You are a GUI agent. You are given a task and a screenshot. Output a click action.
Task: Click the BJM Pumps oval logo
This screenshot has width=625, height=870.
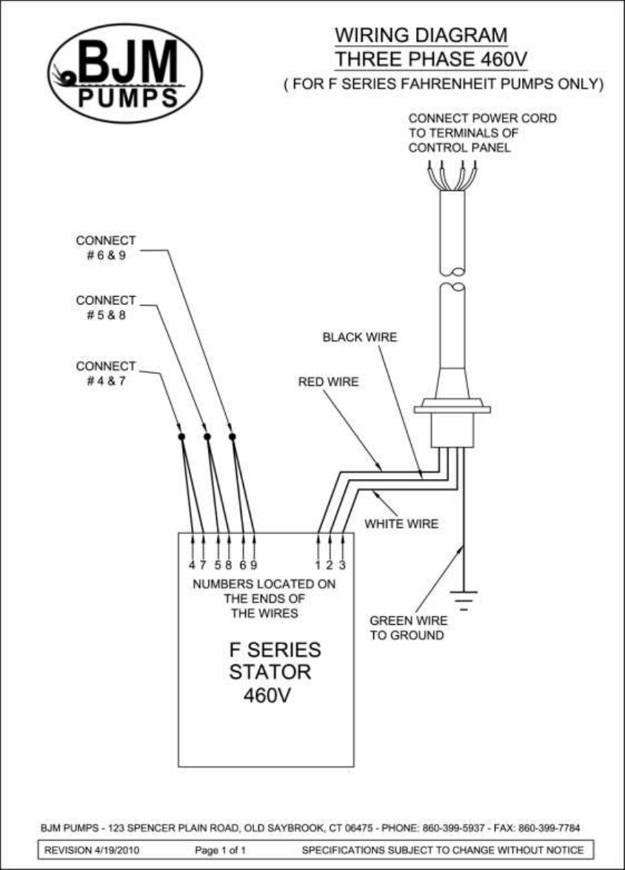pyautogui.click(x=125, y=73)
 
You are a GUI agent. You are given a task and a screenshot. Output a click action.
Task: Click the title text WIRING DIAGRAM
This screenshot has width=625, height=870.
pyautogui.click(x=421, y=35)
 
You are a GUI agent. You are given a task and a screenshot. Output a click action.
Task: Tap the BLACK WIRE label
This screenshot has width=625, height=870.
pyautogui.click(x=360, y=338)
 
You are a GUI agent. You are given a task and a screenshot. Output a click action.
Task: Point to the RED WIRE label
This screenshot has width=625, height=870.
pyautogui.click(x=328, y=382)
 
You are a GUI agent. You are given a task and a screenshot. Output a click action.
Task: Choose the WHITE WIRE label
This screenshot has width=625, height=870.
pyautogui.click(x=401, y=524)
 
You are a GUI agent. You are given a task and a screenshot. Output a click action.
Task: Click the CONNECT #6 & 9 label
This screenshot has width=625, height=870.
pyautogui.click(x=106, y=247)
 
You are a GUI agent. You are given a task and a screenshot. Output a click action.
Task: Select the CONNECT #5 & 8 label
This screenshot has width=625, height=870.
pyautogui.click(x=106, y=307)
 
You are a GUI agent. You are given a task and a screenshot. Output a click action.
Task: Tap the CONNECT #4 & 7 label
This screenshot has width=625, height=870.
pyautogui.click(x=106, y=373)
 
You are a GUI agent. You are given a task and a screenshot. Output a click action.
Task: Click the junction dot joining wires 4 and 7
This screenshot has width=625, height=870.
pyautogui.click(x=181, y=437)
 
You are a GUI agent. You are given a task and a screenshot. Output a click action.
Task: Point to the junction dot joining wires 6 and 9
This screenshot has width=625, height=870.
pyautogui.click(x=233, y=437)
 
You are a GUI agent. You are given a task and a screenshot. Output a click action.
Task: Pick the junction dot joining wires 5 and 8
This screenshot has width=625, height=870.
pyautogui.click(x=207, y=437)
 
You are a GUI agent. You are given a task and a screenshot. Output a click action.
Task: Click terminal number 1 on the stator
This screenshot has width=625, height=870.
pyautogui.click(x=318, y=565)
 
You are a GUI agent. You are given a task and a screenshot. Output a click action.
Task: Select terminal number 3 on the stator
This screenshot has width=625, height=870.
pyautogui.click(x=342, y=565)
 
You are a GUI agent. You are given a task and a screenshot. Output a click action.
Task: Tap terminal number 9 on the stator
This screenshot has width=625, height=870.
pyautogui.click(x=253, y=565)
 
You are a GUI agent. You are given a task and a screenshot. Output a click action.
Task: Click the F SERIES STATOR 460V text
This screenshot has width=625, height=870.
pyautogui.click(x=275, y=673)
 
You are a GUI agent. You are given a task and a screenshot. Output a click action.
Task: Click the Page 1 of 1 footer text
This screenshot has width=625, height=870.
pyautogui.click(x=220, y=850)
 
